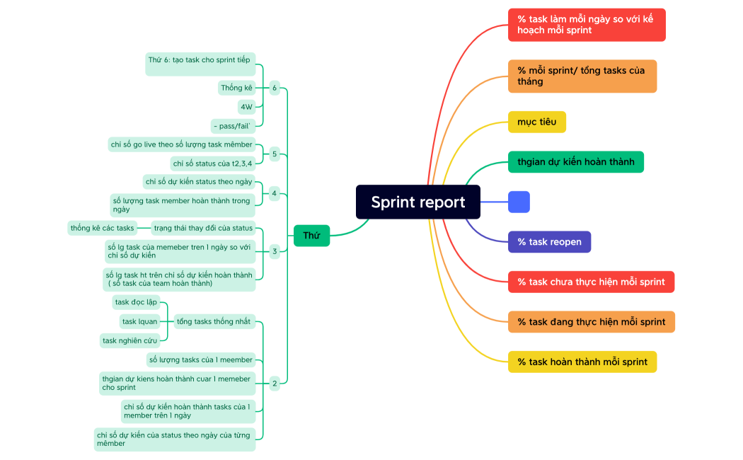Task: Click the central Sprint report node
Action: pos(417,202)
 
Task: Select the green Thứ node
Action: pos(311,235)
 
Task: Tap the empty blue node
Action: pos(519,202)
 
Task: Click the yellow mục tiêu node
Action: pos(536,122)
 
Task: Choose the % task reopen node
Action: pos(549,242)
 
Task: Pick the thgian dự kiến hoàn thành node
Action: pos(575,161)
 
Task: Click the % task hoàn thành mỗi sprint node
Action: pos(582,362)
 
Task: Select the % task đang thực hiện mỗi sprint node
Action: pos(591,322)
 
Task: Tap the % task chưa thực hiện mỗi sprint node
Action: pos(591,282)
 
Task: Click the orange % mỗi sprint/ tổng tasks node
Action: pos(582,76)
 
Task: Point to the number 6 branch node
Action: pos(275,88)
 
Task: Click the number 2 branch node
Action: pos(275,384)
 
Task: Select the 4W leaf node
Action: pos(246,107)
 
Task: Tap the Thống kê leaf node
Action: pos(236,88)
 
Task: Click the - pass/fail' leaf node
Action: pos(232,126)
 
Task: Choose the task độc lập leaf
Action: pos(136,302)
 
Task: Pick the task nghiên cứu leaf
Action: pos(129,340)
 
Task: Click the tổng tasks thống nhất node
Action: pos(213,321)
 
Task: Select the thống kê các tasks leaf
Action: pos(103,228)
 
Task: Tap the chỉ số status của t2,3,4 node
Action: pos(212,163)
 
